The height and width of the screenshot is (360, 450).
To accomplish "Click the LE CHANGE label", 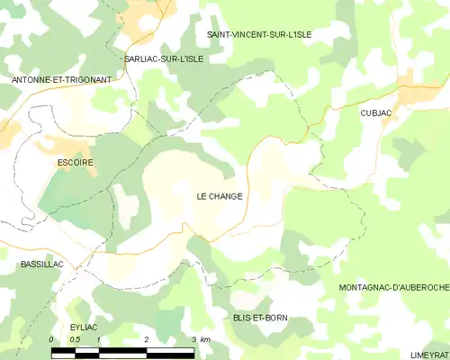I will coord(220,195).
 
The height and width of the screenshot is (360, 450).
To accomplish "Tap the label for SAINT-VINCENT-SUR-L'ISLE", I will coord(259,34).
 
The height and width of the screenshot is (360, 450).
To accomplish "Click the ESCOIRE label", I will coord(75,162).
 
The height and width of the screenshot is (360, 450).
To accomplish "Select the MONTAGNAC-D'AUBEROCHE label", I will coord(393,287).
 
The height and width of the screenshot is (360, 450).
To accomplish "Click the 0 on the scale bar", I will coord(52,339).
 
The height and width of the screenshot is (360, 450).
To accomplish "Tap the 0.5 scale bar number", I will coord(75,339).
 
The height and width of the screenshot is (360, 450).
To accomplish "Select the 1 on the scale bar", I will coord(98,339).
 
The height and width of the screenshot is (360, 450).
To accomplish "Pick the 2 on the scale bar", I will coord(146,339).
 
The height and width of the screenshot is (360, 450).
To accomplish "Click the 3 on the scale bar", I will coord(193,339).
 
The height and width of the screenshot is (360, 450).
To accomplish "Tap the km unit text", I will coord(206,339).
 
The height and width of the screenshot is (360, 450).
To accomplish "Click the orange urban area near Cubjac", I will coord(417,94).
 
